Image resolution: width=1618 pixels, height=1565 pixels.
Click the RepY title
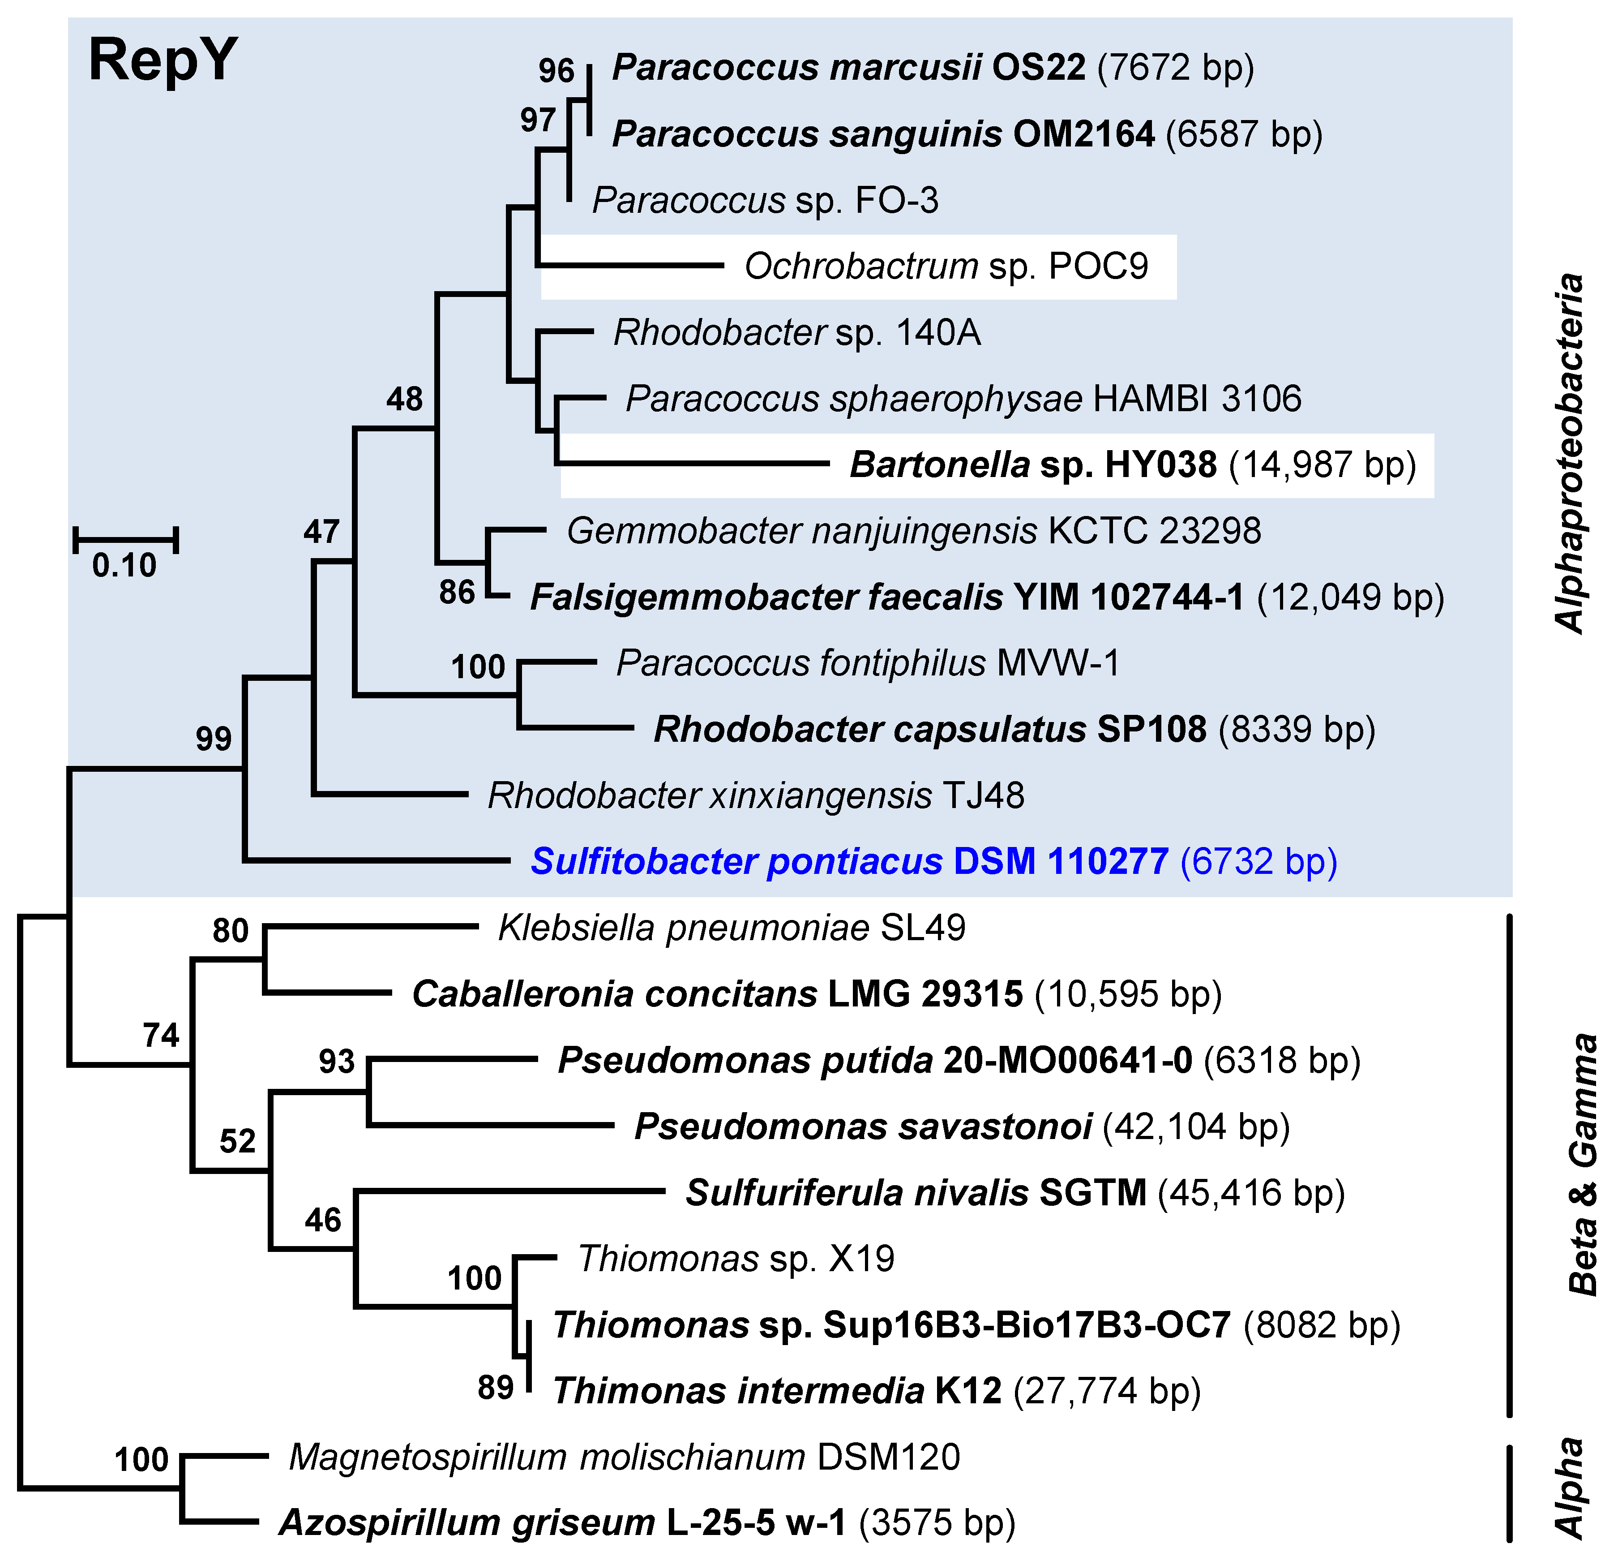163,61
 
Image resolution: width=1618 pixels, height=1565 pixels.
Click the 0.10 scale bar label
124,566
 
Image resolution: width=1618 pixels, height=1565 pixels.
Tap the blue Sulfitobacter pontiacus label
933,861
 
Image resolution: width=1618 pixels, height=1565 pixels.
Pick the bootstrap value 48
405,400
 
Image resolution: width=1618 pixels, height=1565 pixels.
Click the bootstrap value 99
213,738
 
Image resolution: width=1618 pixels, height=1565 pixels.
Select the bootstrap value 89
495,1388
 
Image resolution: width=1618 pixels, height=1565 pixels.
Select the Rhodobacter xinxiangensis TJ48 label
755,796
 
